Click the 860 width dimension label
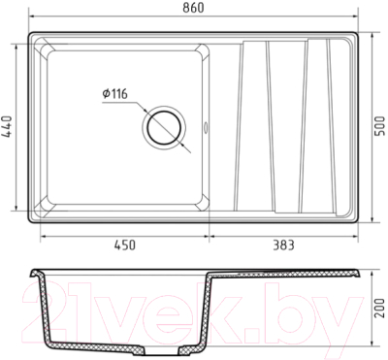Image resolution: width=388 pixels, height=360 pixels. pyautogui.click(x=193, y=8)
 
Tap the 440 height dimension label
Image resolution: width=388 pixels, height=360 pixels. pyautogui.click(x=7, y=127)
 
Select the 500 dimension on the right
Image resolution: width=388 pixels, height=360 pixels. pyautogui.click(x=381, y=126)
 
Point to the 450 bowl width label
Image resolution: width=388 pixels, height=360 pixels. pyautogui.click(x=125, y=245)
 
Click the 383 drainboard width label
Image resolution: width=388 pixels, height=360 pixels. pyautogui.click(x=283, y=245)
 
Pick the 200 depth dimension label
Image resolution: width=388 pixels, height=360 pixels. pyautogui.click(x=381, y=308)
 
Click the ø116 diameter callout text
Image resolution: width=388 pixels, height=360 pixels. pyautogui.click(x=115, y=94)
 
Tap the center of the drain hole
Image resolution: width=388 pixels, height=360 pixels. pyautogui.click(x=164, y=127)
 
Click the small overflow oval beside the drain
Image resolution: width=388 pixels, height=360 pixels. pyautogui.click(x=206, y=127)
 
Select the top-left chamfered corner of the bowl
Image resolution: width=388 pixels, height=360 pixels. pyautogui.click(x=48, y=51)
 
